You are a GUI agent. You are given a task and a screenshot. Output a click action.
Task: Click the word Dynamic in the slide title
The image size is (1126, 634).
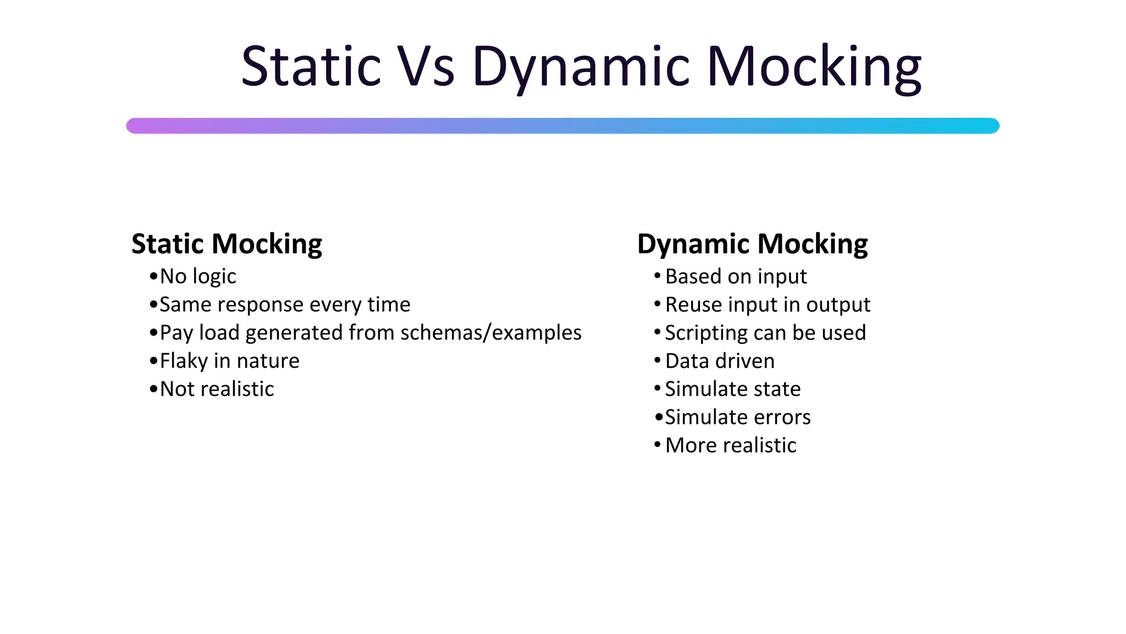point(581,67)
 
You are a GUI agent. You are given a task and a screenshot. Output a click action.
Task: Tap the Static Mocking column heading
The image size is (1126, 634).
point(227,244)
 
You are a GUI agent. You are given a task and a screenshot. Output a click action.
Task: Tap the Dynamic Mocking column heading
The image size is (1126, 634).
point(752,244)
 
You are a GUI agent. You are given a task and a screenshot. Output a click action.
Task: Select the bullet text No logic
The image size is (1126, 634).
point(198,276)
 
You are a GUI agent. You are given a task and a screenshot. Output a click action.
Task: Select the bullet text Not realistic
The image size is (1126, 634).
point(217,389)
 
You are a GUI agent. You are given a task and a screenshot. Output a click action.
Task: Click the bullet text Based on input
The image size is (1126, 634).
point(736,276)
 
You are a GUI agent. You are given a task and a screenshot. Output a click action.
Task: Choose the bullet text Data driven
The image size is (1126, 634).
point(720,361)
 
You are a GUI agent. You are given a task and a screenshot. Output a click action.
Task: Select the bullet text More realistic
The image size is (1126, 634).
point(731,445)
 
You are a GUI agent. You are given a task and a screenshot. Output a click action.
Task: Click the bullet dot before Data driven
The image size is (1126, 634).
point(657,360)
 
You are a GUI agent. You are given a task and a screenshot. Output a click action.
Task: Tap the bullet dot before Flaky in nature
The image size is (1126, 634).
point(153,361)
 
